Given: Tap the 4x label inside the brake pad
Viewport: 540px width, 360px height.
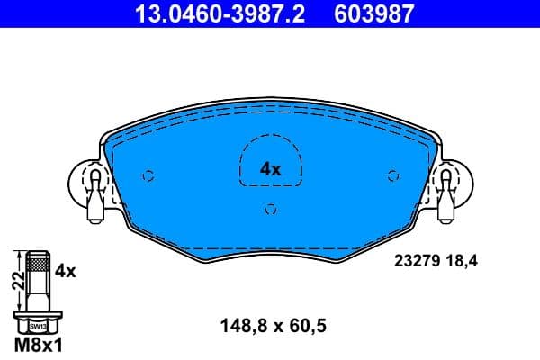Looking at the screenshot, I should [x=270, y=168].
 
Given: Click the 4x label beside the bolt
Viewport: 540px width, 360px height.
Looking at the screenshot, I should [x=64, y=270].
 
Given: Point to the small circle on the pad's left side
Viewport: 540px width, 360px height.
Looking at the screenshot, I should [x=149, y=175].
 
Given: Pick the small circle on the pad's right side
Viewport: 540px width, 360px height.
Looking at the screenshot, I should [x=391, y=175].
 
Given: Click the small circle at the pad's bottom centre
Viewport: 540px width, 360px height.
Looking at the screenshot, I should [x=270, y=210].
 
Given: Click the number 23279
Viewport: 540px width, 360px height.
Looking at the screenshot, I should [x=416, y=262].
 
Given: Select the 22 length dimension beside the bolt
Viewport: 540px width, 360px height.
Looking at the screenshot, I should [x=15, y=281].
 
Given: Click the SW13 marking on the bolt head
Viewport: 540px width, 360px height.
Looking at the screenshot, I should [x=38, y=327].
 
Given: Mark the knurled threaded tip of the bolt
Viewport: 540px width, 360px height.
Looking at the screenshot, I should [x=38, y=263].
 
